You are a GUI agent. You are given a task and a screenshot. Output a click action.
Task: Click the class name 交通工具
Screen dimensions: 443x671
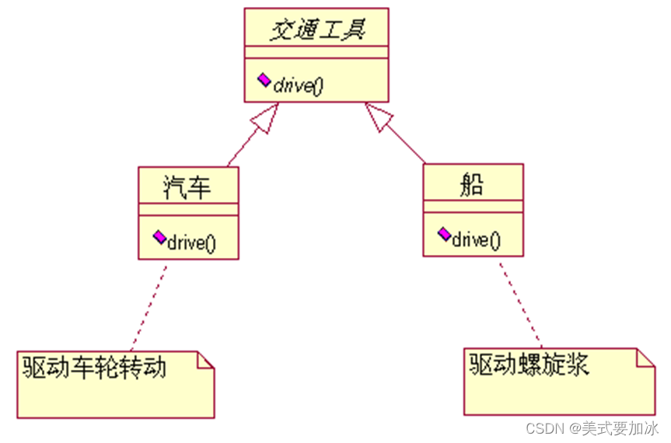pyautogui.click(x=316, y=30)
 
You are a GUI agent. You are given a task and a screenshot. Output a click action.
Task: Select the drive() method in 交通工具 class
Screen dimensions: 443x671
pyautogui.click(x=297, y=85)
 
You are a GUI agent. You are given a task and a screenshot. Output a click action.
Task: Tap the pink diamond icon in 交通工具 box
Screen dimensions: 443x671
pyautogui.click(x=264, y=80)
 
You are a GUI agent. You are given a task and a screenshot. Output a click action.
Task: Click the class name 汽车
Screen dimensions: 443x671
pyautogui.click(x=187, y=186)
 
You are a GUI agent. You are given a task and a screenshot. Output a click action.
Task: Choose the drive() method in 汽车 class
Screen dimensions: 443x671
pyautogui.click(x=190, y=242)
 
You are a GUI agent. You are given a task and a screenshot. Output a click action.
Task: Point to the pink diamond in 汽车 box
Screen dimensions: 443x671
pyautogui.click(x=159, y=235)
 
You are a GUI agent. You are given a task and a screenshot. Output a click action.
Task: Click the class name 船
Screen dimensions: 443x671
pyautogui.click(x=473, y=184)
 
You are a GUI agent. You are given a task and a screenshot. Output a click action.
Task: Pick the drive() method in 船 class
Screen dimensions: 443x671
pyautogui.click(x=476, y=239)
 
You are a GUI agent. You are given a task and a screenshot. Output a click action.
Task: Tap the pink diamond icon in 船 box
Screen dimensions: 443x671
pyautogui.click(x=444, y=233)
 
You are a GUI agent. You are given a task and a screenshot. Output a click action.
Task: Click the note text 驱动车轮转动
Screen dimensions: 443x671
pyautogui.click(x=94, y=366)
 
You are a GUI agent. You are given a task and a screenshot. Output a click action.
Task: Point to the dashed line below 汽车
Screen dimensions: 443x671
pyautogui.click(x=149, y=305)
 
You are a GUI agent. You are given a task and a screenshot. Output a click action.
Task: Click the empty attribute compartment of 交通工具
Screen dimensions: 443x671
pyautogui.click(x=316, y=51)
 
